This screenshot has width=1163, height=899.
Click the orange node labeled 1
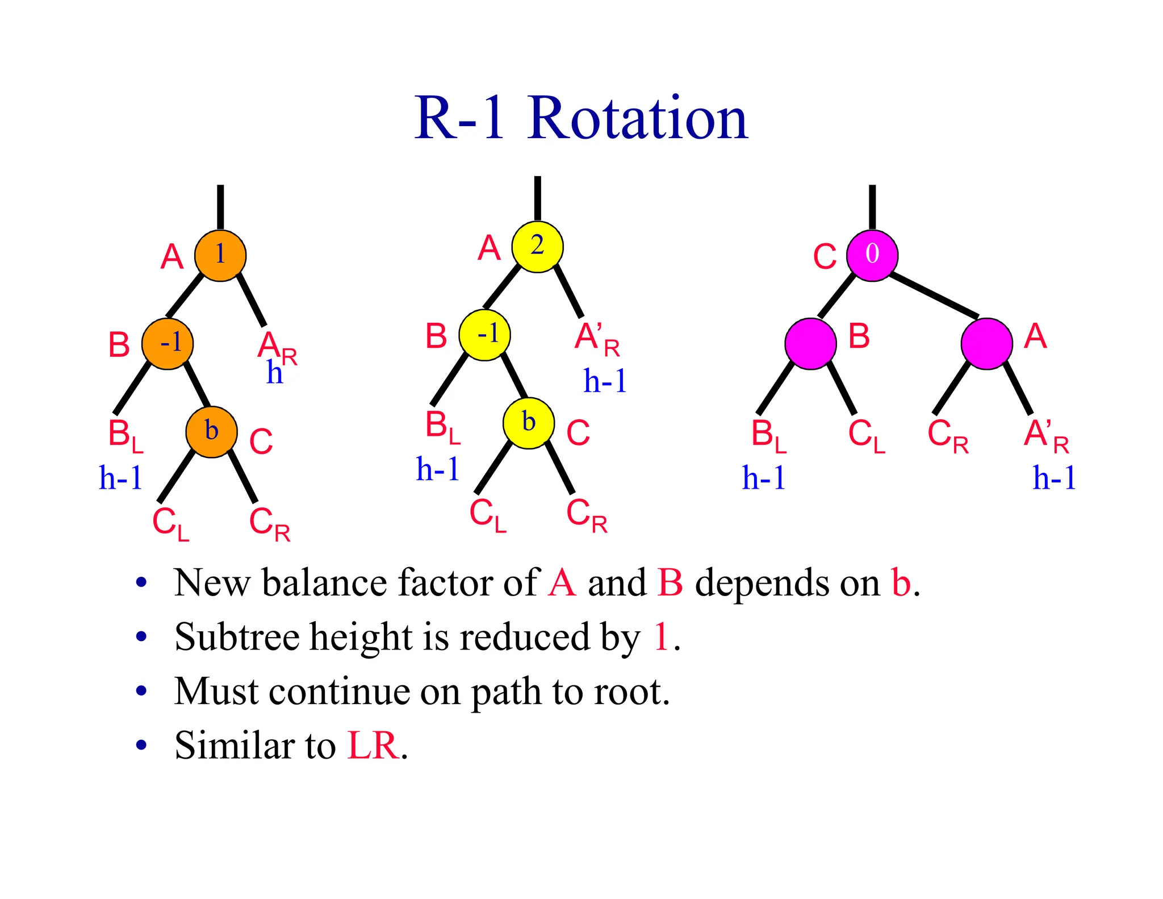click(220, 255)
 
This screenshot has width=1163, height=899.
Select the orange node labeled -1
click(168, 344)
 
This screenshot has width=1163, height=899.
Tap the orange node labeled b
click(211, 432)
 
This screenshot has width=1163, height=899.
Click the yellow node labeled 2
click(537, 247)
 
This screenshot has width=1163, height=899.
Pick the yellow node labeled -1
click(484, 335)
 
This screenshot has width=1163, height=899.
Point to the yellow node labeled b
click(529, 423)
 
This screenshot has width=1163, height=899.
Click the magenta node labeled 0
click(872, 255)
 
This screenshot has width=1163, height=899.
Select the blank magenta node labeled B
click(810, 344)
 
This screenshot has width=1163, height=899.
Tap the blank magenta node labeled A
click(986, 344)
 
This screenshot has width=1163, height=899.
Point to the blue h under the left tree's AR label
click(274, 374)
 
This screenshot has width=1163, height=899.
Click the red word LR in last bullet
click(373, 745)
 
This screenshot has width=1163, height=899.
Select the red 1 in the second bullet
click(661, 636)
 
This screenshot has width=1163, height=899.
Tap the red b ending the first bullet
click(901, 582)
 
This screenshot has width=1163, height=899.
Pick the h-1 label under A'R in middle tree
click(605, 381)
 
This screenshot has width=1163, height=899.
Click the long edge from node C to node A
click(934, 295)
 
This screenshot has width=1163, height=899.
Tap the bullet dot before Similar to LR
click(141, 745)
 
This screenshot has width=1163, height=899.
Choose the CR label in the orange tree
click(270, 524)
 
